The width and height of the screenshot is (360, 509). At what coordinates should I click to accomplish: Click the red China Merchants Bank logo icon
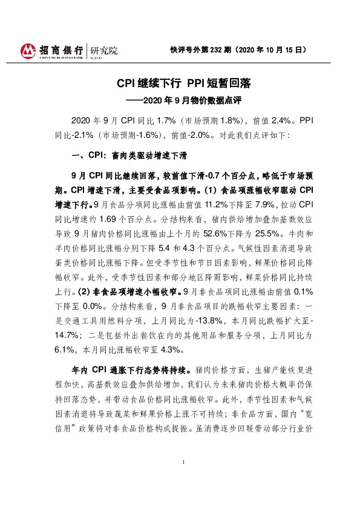click(27, 50)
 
